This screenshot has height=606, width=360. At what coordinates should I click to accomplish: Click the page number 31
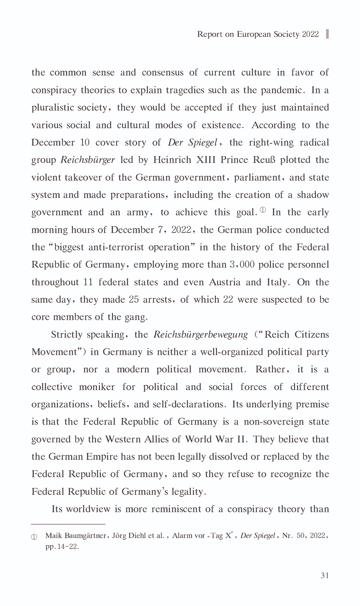pos(325,576)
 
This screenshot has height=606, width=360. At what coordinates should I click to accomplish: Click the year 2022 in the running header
pos(310,34)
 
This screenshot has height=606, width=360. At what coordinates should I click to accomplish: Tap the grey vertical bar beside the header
pos(327,34)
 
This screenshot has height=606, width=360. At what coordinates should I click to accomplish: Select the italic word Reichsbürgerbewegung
pos(200,335)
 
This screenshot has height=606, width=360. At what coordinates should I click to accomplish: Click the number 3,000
pos(242,265)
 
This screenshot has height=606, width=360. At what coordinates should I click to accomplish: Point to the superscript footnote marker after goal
pos(263,210)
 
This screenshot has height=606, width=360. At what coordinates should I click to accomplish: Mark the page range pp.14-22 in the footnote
pos(62,547)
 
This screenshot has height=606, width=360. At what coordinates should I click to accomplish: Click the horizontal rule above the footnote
pos(68,524)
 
